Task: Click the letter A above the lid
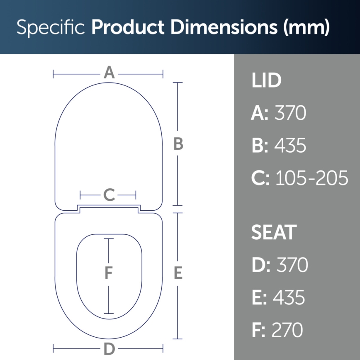click(109, 73)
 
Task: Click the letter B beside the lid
click(178, 144)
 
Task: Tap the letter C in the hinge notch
click(109, 195)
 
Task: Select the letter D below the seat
click(109, 349)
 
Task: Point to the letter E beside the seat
click(178, 273)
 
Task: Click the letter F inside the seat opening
click(109, 273)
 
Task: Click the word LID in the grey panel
click(266, 81)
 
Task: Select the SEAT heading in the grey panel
click(274, 233)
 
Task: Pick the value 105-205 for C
click(312, 178)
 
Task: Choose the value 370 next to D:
click(292, 265)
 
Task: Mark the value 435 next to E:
click(289, 297)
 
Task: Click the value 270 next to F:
click(287, 330)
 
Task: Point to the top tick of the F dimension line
click(109, 239)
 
